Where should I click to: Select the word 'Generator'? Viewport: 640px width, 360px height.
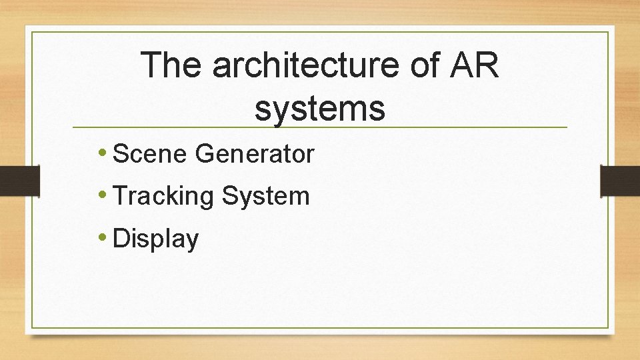pos(254,154)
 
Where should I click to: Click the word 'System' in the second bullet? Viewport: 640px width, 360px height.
pos(266,196)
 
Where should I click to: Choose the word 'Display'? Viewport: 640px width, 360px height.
pos(156,239)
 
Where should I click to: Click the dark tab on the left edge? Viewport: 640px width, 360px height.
pos(20,181)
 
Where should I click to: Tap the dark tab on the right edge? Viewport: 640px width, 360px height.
pos(620,181)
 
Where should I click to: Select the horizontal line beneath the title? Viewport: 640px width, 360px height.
pos(320,127)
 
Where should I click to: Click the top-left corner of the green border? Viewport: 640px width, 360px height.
pos(32,32)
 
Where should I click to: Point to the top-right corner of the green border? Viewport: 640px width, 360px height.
pos(609,32)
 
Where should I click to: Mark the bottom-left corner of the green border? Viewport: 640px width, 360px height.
pos(32,327)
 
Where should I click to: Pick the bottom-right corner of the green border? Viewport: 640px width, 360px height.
pos(609,327)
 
